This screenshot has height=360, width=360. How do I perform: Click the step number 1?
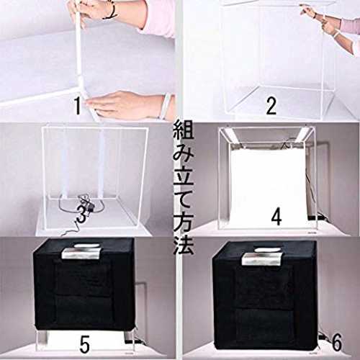[77, 106]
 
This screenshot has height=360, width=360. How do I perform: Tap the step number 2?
[271, 106]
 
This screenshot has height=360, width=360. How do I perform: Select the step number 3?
[81, 214]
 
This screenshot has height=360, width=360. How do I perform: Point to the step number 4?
[276, 217]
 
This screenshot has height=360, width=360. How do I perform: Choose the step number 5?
[85, 344]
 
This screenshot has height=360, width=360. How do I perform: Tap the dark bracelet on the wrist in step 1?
[110, 11]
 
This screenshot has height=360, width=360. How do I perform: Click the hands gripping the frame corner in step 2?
[319, 20]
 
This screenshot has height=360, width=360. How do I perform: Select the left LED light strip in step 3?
[64, 164]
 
